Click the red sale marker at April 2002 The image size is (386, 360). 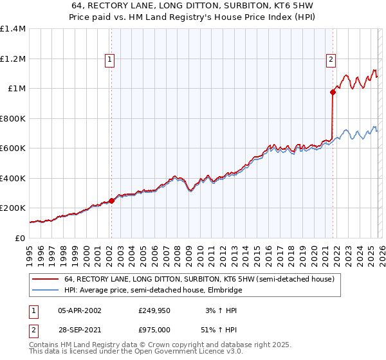pos(111,201)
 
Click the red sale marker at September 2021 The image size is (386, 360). pos(333,92)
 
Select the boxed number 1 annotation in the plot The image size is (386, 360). pos(110,60)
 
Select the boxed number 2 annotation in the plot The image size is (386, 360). pos(331,60)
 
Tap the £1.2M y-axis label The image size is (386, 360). pos(13,59)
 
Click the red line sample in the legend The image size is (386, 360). pos(46,280)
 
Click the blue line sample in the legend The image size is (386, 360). pos(46,291)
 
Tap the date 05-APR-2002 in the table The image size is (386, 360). pos(80,310)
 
